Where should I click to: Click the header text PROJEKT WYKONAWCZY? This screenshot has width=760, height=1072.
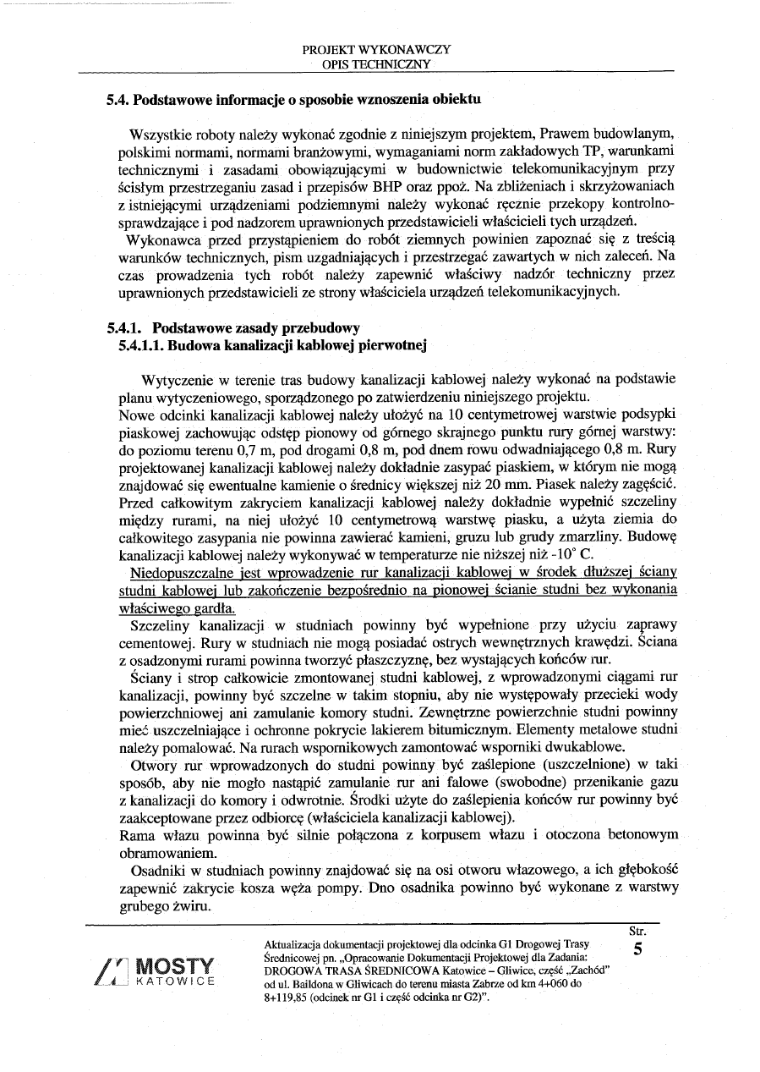point(376,49)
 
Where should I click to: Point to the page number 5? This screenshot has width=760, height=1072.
point(638,949)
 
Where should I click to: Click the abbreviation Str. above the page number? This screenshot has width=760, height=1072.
point(639,931)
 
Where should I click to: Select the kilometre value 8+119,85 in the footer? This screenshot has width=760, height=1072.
point(291,998)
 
